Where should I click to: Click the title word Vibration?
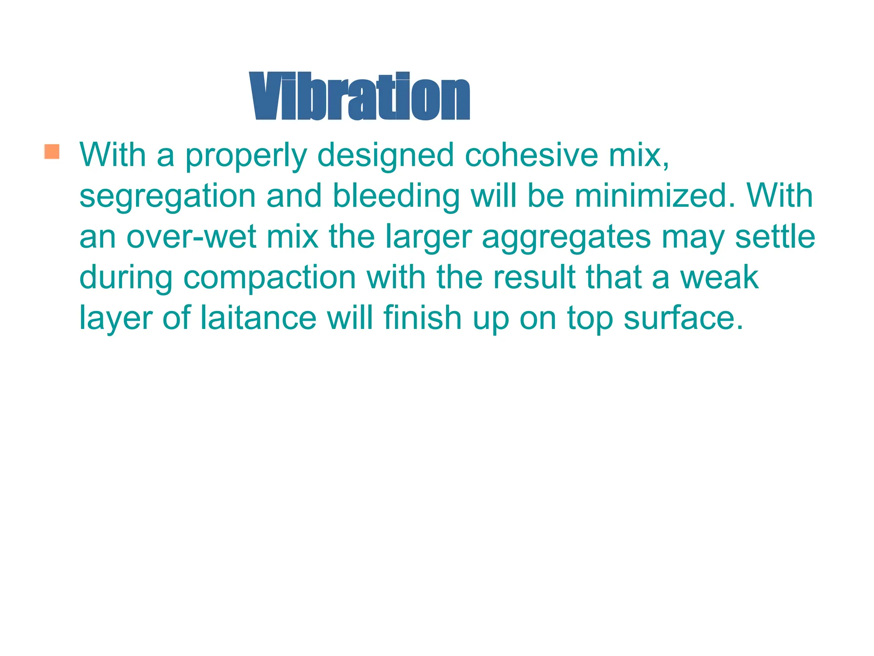[359, 96]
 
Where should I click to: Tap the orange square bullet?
[52, 152]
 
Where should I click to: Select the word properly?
[246, 155]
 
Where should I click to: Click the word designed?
[386, 155]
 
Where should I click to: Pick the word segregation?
[167, 196]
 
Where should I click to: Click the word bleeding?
[396, 196]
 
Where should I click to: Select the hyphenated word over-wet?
[191, 237]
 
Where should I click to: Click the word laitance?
[258, 318]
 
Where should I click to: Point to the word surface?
[683, 319]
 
